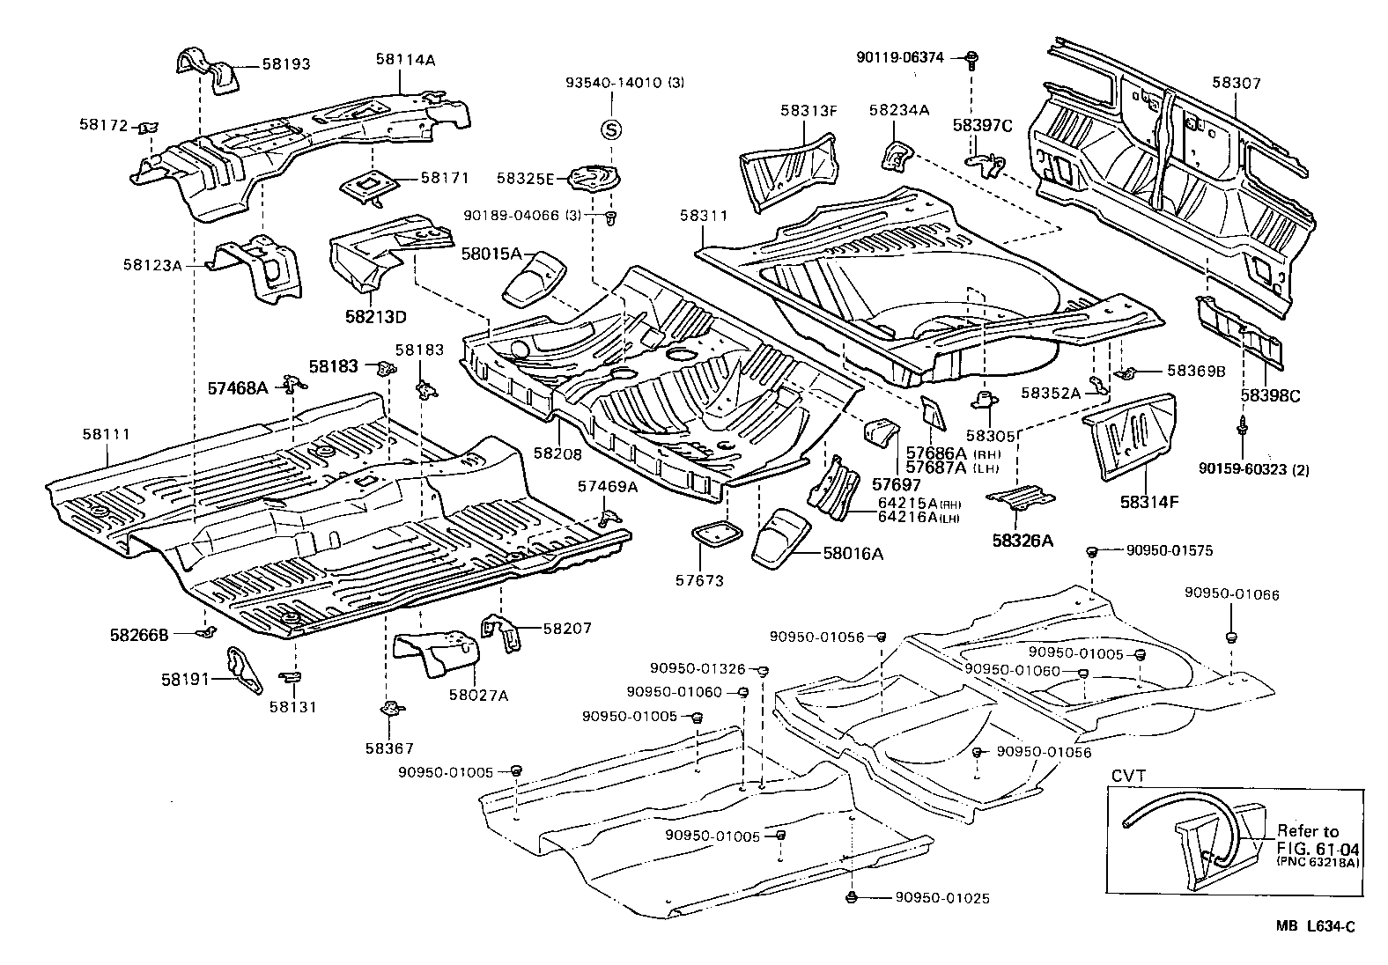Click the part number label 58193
click(x=285, y=64)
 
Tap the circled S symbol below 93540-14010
click(x=610, y=129)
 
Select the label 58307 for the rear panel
click(x=1236, y=84)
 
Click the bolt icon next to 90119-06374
click(x=971, y=59)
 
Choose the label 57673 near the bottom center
click(x=699, y=581)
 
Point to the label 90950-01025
click(x=942, y=898)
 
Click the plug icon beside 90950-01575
click(x=1091, y=552)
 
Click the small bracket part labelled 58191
click(x=246, y=669)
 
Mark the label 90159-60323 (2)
click(x=1254, y=469)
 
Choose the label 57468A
click(x=237, y=387)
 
